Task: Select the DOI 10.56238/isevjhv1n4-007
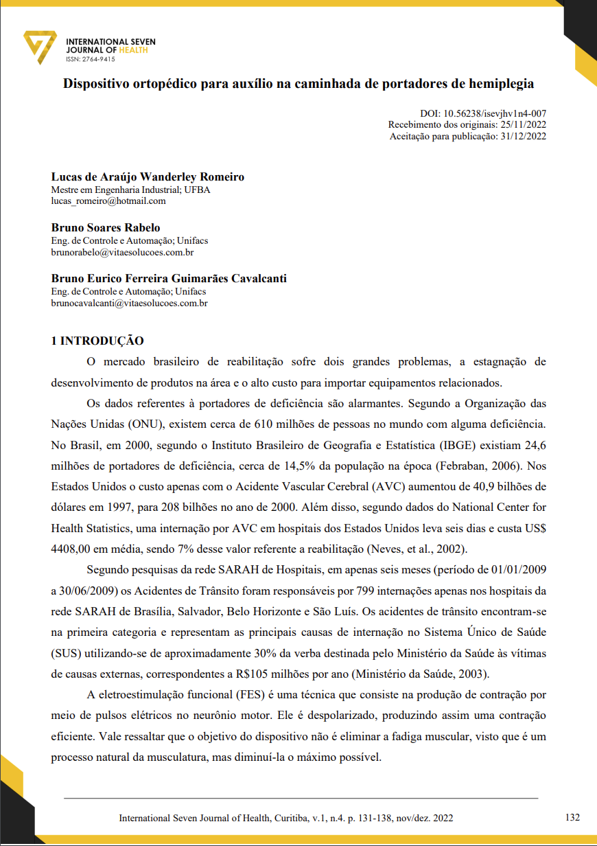(495, 114)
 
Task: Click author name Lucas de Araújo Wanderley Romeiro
(148, 177)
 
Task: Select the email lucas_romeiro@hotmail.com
(108, 201)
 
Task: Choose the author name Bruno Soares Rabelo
(106, 227)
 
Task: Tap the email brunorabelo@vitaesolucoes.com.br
(122, 252)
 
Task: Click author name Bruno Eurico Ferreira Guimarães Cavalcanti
(169, 279)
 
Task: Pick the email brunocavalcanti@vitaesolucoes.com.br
(130, 302)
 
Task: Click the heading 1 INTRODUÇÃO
(97, 341)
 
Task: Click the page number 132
(572, 818)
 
